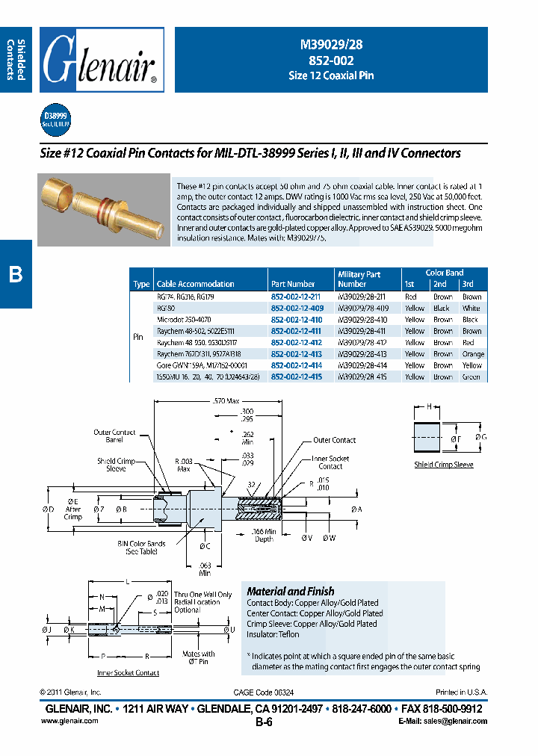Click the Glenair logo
point(102,60)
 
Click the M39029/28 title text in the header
point(330,46)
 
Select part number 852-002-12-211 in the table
point(297,297)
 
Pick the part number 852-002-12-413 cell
point(297,354)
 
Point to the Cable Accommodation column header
point(195,285)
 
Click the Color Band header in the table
point(445,273)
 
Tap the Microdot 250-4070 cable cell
point(184,320)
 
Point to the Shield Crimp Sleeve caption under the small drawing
point(443,465)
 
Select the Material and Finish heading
point(280,590)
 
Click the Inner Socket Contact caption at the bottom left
point(129,673)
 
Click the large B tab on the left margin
point(16,274)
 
